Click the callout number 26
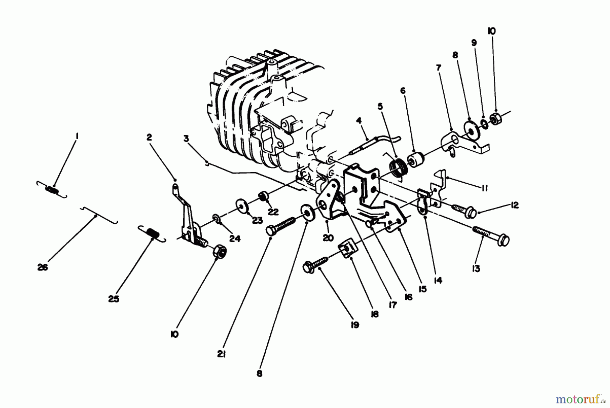coord(43,267)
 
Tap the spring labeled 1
coord(52,189)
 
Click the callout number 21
coord(222,354)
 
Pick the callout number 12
coord(514,205)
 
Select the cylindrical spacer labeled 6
coord(416,159)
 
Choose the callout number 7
coord(439,68)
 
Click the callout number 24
coord(235,239)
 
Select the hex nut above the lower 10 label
coord(219,251)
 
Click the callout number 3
coord(186,138)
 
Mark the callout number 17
coord(392,305)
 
